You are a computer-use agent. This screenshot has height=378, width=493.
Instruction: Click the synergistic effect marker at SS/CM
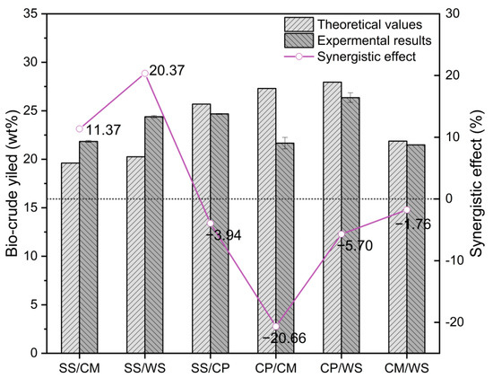tap(80, 128)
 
